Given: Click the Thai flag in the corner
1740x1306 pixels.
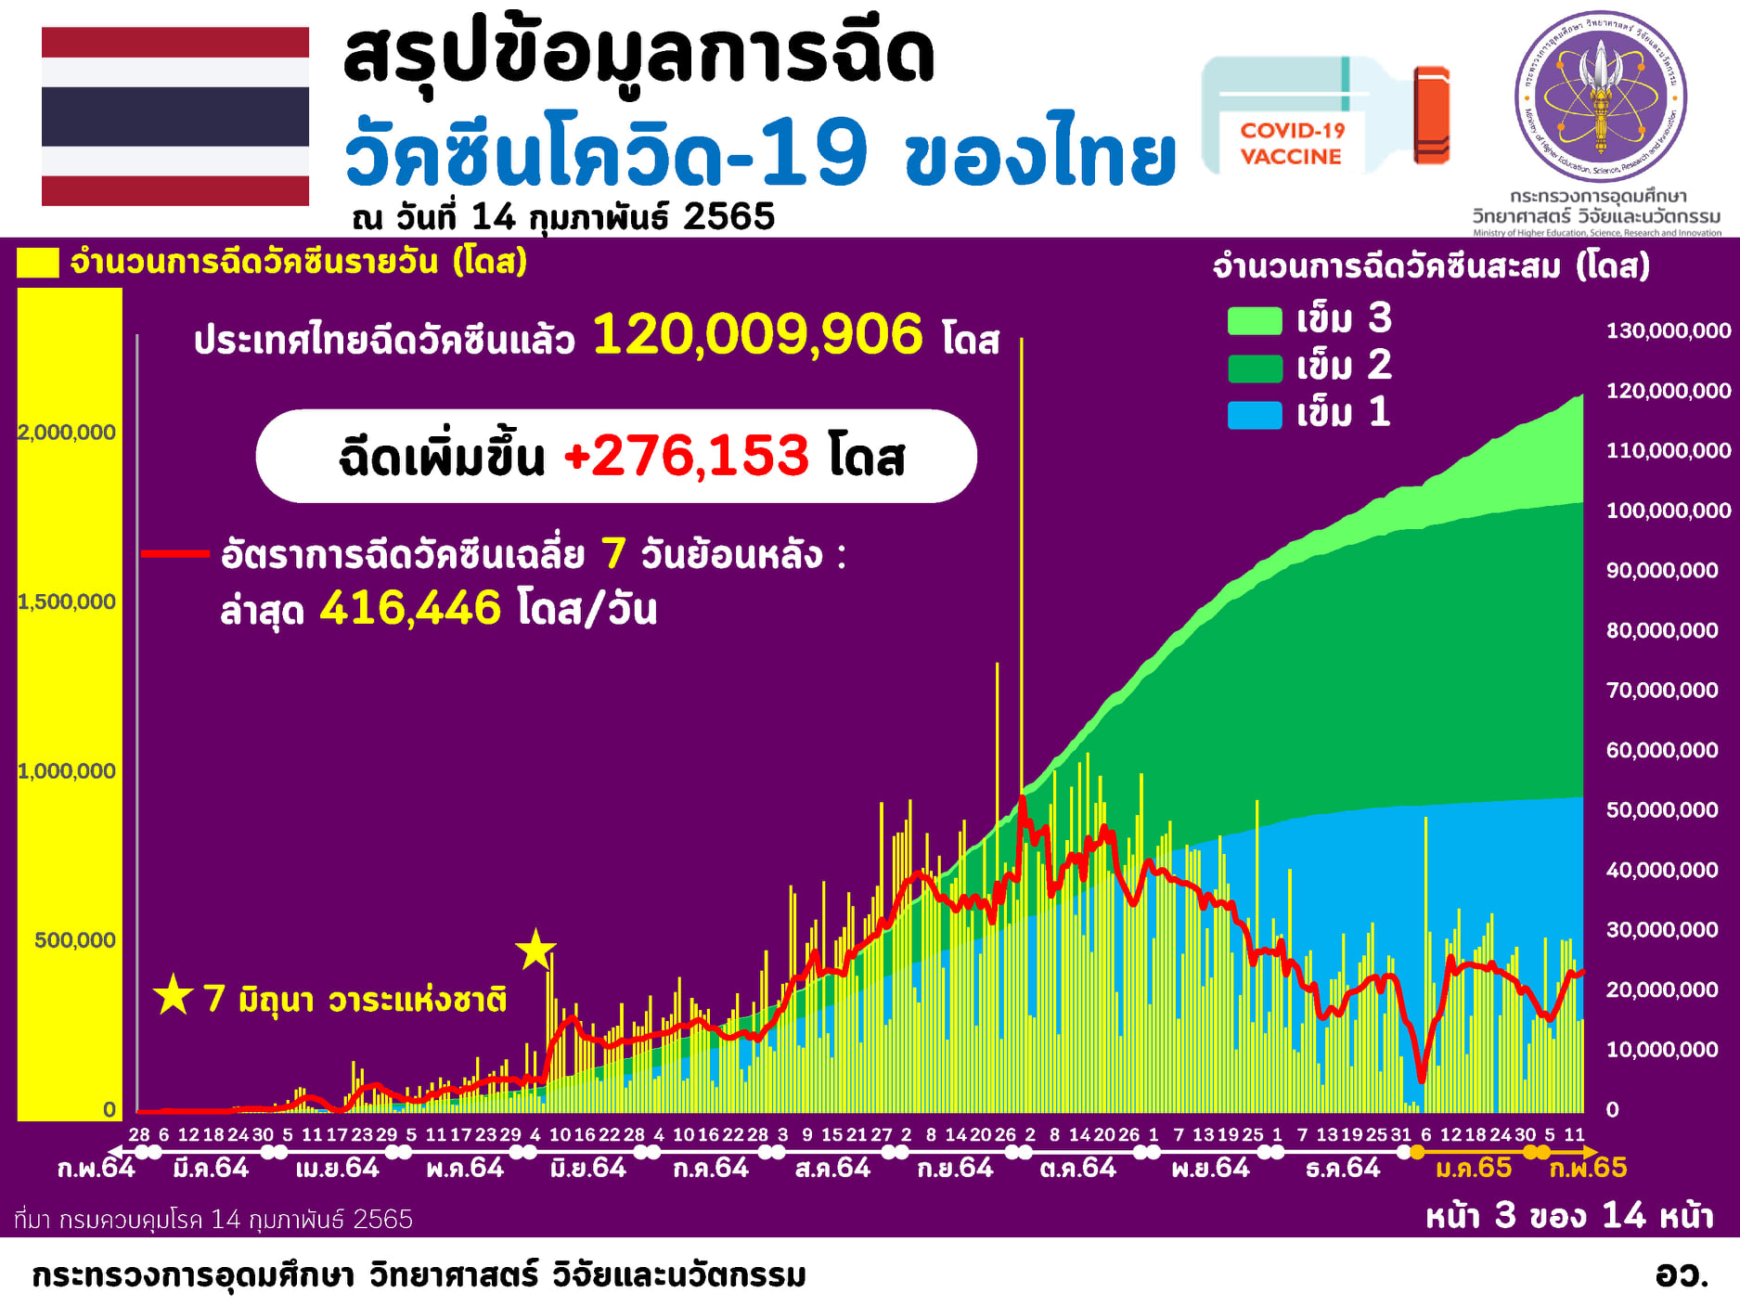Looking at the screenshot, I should (175, 116).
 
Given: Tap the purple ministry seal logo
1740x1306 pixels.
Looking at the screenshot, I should (1600, 97).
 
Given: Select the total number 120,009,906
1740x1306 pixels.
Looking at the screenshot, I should (757, 335).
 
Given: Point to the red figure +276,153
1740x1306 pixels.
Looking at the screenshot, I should (687, 456).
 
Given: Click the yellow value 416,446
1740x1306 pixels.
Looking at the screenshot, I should (410, 608).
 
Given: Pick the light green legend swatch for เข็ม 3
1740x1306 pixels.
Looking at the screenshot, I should (1254, 320).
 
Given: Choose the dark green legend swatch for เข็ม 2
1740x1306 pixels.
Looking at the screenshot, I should (1254, 368).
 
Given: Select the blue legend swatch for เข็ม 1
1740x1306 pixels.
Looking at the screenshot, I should (1254, 414).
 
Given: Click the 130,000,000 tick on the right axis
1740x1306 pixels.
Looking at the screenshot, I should (1668, 330).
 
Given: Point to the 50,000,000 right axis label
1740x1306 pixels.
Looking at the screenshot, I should (1661, 809).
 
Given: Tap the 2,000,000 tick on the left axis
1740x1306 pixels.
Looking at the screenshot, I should (67, 432).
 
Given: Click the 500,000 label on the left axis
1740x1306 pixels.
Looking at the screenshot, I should (75, 940).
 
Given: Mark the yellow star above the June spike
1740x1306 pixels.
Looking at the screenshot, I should (535, 950).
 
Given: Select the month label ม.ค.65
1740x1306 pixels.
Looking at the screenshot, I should (1473, 1168).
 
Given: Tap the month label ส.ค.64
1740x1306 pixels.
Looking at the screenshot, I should (832, 1168).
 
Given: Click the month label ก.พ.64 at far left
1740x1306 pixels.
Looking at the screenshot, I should (96, 1168).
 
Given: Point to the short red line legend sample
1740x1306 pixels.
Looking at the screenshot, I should (174, 554).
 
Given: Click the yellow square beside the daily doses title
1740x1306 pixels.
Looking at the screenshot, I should (38, 263).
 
